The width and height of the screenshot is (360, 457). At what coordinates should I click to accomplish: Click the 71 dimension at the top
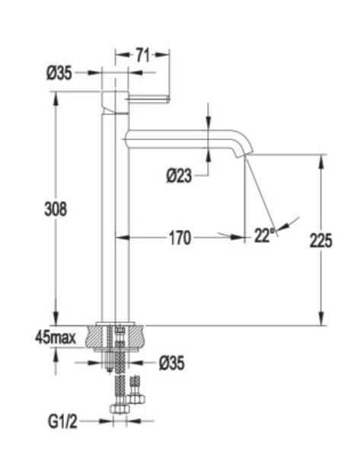click(x=143, y=56)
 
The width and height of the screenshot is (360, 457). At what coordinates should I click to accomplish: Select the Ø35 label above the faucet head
click(x=59, y=73)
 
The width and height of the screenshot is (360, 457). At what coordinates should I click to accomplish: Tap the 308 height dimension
click(x=56, y=209)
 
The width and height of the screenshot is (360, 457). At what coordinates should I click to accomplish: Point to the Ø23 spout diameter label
click(x=179, y=176)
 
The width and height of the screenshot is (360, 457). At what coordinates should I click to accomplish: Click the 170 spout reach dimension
click(x=180, y=238)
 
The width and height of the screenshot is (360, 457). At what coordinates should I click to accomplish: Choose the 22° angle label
click(x=264, y=235)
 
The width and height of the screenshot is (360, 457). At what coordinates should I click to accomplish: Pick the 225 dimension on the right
click(x=320, y=241)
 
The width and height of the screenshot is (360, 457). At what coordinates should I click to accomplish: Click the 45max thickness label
click(x=56, y=337)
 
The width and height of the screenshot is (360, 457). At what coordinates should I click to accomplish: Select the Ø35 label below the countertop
click(x=172, y=363)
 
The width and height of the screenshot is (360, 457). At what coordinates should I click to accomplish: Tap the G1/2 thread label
click(x=63, y=421)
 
